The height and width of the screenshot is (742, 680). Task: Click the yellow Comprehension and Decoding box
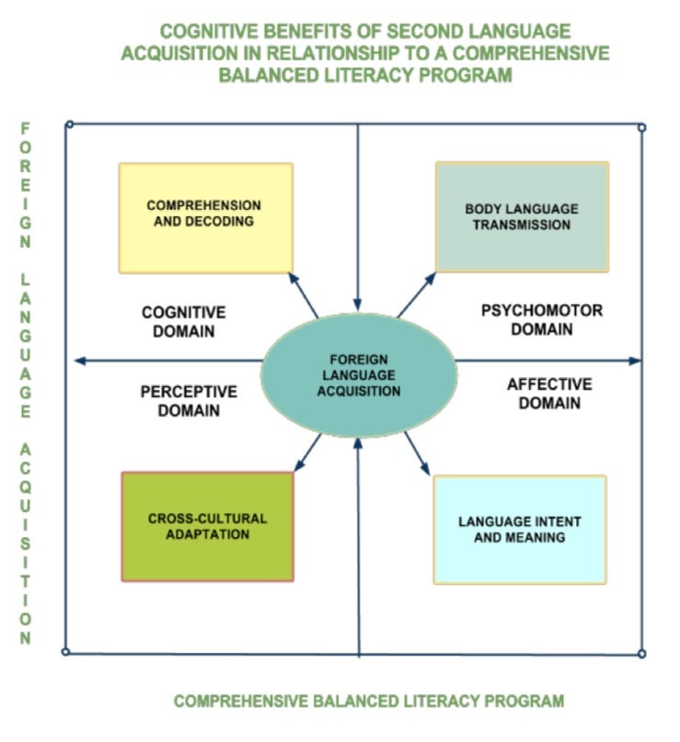(205, 217)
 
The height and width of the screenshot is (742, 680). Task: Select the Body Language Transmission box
(522, 217)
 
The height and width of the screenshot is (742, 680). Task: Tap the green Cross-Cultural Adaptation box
(207, 526)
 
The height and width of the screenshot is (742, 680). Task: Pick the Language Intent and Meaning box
(520, 529)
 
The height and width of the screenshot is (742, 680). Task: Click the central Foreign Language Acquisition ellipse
(358, 375)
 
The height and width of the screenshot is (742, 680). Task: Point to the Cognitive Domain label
(184, 322)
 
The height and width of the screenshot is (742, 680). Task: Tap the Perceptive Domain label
(188, 401)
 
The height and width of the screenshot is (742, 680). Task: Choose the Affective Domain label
(548, 393)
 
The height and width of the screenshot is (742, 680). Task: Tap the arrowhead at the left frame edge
(78, 360)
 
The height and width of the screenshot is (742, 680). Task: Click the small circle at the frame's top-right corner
(641, 127)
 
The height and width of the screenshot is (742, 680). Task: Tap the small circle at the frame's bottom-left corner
(65, 652)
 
